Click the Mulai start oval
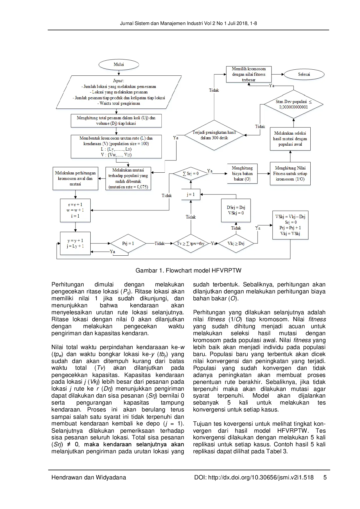[119, 64]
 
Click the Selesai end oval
[304, 74]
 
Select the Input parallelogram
[119, 92]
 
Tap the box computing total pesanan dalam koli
[116, 120]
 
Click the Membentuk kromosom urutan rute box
[116, 146]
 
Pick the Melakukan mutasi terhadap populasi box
[128, 178]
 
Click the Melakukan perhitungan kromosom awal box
[75, 178]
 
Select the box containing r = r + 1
[75, 210]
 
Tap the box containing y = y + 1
[75, 243]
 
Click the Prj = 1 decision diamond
[128, 243]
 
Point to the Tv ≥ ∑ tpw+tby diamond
[191, 243]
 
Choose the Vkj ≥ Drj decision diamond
[236, 243]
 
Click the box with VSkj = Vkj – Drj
[290, 225]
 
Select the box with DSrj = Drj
[236, 210]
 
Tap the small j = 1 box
[191, 194]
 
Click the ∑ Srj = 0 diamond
[191, 174]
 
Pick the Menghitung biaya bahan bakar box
[242, 174]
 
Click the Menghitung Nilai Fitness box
[290, 174]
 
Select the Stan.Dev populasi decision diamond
[294, 104]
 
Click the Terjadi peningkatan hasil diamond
[214, 135]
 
